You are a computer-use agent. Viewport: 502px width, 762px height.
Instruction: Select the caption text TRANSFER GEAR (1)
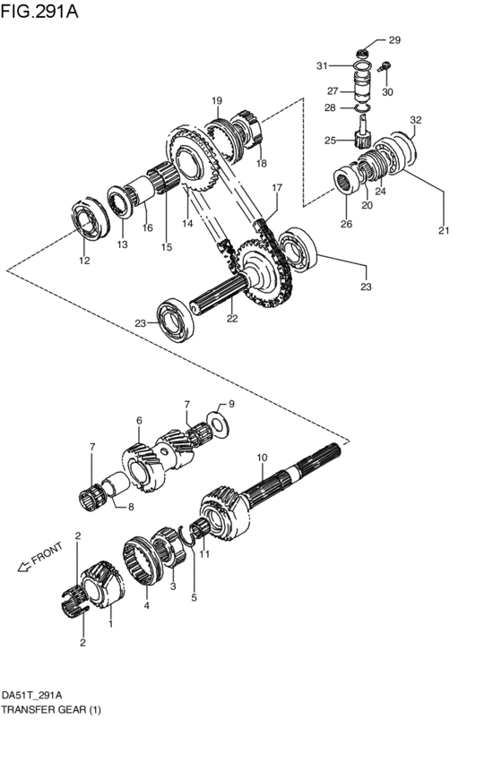tap(51, 709)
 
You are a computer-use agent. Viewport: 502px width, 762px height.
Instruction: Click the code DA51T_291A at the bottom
tap(37, 695)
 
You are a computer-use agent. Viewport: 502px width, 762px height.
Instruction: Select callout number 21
tap(442, 231)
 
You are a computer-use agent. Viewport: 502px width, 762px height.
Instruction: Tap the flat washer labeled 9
tap(215, 418)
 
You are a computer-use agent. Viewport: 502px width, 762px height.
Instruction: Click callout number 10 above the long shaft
tap(261, 458)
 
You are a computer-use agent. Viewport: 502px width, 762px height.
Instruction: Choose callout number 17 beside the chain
tap(277, 189)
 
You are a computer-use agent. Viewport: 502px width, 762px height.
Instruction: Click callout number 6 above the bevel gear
tap(139, 420)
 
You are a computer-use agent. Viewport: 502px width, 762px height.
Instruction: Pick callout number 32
tap(415, 120)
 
